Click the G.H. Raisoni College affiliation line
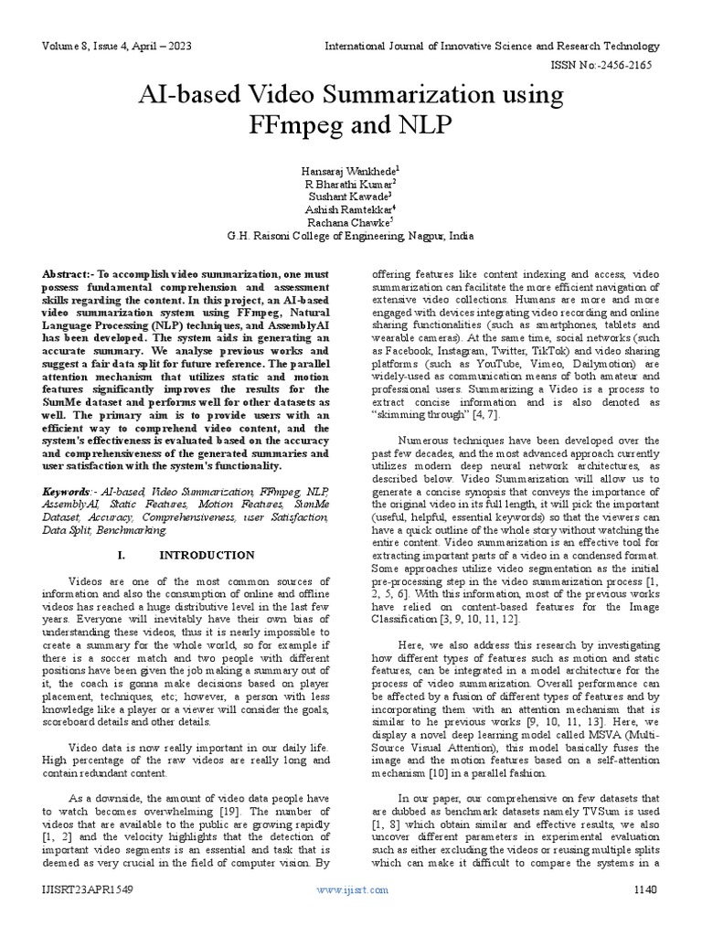pos(350,236)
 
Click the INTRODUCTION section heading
pos(207,555)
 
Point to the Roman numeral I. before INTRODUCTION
pos(122,555)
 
